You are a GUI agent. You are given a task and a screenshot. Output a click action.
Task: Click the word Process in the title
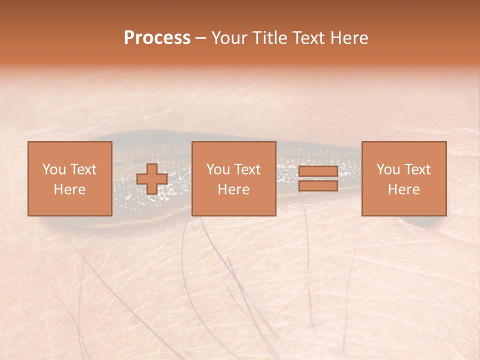pos(157,38)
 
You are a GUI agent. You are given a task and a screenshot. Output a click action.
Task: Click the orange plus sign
pos(152,179)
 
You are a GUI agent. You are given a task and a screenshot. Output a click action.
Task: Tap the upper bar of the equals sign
pos(318,171)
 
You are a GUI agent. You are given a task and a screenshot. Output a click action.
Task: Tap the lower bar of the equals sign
pos(318,186)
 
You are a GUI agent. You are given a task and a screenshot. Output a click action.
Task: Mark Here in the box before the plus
pos(69,189)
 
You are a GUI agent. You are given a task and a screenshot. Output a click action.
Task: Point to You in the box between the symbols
pos(217,169)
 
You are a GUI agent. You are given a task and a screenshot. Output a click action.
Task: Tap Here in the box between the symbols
pos(233,189)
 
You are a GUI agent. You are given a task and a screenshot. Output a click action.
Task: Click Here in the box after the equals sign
pos(403,189)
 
